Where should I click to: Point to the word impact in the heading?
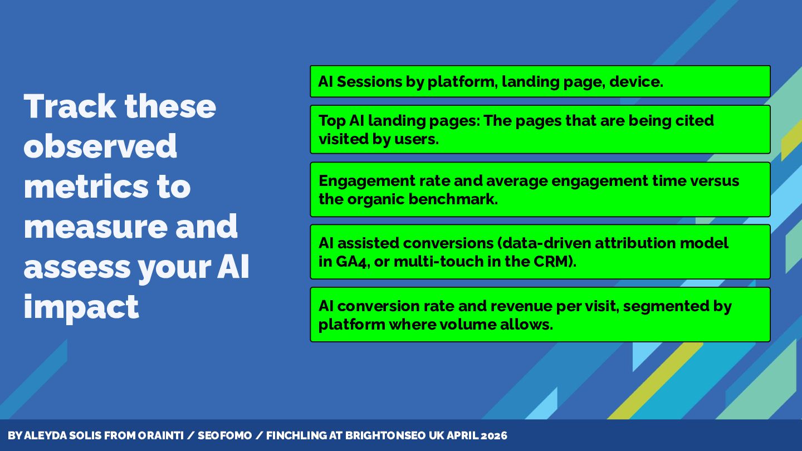click(81, 307)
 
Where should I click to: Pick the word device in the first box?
click(636, 82)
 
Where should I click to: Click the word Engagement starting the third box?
click(366, 181)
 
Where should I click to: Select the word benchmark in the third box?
click(453, 199)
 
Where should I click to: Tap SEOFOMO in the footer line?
click(225, 435)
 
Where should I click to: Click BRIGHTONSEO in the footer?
click(385, 435)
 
